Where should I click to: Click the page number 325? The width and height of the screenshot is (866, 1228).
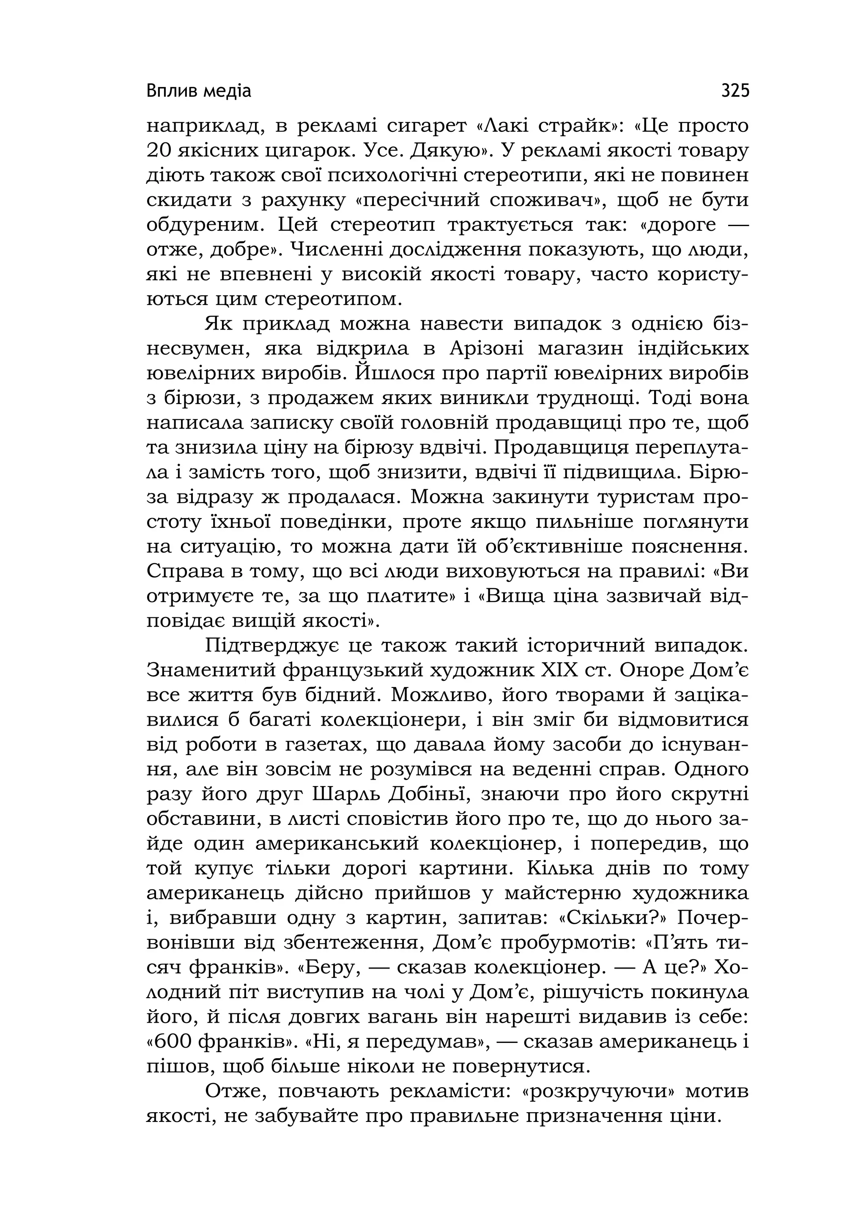(735, 91)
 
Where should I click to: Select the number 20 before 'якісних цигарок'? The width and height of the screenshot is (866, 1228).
(159, 151)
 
